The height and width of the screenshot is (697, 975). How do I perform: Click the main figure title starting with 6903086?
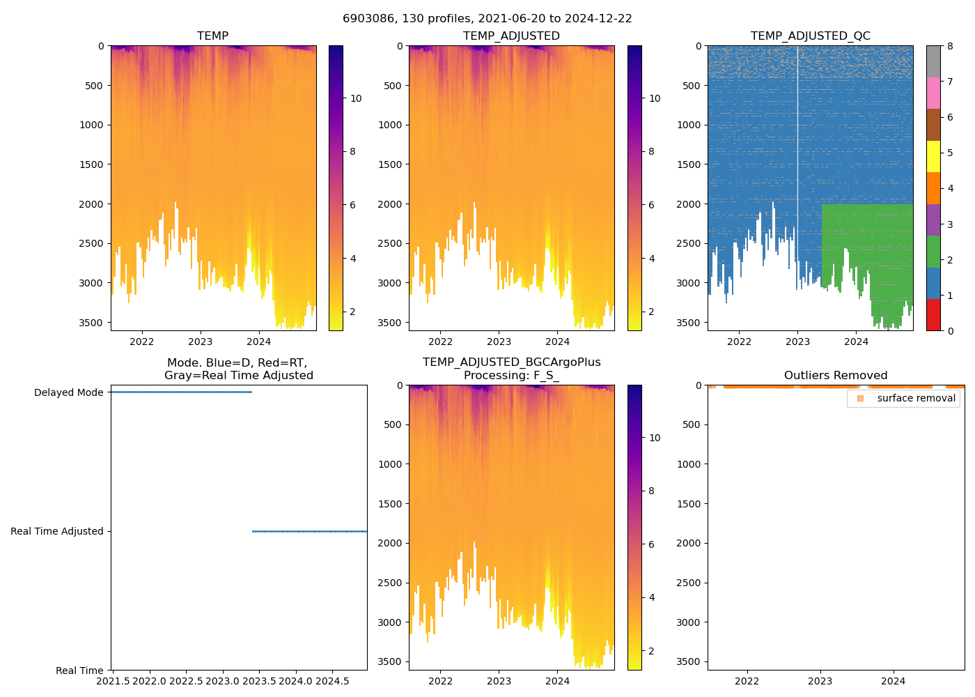pyautogui.click(x=487, y=19)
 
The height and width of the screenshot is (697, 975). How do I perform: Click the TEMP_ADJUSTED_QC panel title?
pyautogui.click(x=810, y=36)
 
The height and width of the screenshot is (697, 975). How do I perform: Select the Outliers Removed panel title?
pyautogui.click(x=835, y=376)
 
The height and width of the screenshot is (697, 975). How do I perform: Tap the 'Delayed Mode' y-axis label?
pyautogui.click(x=68, y=393)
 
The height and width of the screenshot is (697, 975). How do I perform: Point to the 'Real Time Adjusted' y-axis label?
pyautogui.click(x=57, y=532)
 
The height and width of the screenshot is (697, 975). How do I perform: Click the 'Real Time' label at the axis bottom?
pyautogui.click(x=79, y=671)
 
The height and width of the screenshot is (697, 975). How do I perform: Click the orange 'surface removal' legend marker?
pyautogui.click(x=860, y=399)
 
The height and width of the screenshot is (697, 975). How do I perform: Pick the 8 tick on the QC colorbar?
pyautogui.click(x=950, y=46)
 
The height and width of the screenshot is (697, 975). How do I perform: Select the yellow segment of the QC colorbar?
pyautogui.click(x=933, y=157)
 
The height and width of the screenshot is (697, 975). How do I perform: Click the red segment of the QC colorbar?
pyautogui.click(x=933, y=315)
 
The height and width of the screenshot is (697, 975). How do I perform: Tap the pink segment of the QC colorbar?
pyautogui.click(x=933, y=93)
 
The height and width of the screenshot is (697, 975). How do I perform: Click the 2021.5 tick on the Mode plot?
pyautogui.click(x=113, y=681)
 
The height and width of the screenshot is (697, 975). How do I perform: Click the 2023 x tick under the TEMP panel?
pyautogui.click(x=201, y=342)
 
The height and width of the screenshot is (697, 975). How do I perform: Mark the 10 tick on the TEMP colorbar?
pyautogui.click(x=356, y=98)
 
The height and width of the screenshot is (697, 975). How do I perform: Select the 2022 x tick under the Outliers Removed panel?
pyautogui.click(x=747, y=681)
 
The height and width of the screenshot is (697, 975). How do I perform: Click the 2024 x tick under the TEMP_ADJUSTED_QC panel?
pyautogui.click(x=856, y=342)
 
